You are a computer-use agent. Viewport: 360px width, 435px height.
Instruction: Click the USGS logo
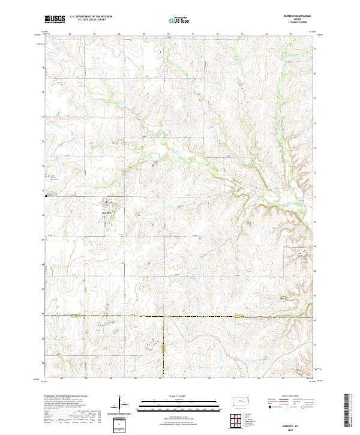55,19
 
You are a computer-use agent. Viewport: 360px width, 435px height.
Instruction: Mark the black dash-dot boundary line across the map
180,316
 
